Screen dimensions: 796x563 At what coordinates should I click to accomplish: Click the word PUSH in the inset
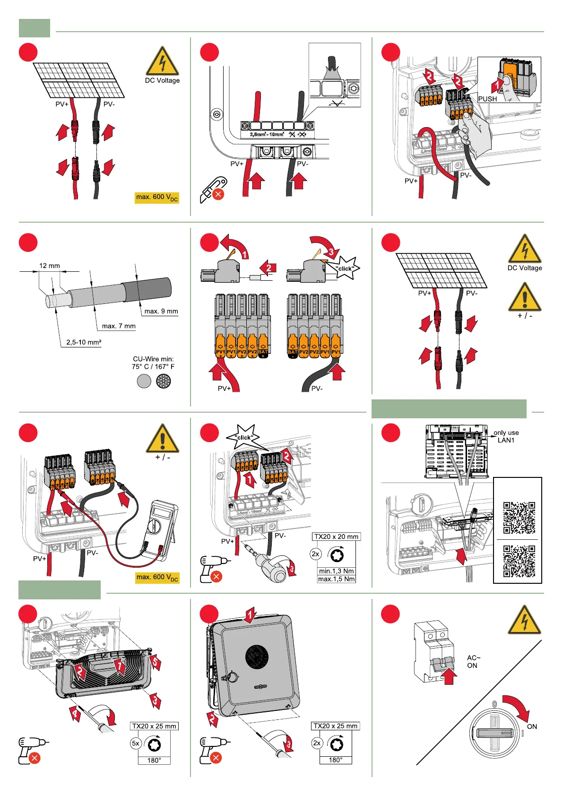487,99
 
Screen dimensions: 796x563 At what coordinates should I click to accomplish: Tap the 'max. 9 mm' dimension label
161,311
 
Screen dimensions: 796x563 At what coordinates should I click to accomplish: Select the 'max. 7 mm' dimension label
119,326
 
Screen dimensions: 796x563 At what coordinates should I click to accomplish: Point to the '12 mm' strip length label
50,266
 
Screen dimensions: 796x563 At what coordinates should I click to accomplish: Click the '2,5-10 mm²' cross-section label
84,342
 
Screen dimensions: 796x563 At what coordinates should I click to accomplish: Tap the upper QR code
519,517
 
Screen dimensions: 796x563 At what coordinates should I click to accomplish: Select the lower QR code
519,561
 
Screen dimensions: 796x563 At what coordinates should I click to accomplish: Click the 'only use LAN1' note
506,436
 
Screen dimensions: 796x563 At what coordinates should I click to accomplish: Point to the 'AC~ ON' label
473,661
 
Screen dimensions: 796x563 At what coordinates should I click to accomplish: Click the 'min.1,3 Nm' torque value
336,571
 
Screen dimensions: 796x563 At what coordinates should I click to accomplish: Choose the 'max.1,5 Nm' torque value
336,579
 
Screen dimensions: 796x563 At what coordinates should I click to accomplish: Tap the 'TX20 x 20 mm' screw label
336,536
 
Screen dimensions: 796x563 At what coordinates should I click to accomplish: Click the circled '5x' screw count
136,744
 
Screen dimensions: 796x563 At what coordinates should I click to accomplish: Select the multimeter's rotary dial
155,526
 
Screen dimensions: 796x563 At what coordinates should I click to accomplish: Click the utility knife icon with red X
213,190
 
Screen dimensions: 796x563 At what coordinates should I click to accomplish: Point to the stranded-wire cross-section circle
164,381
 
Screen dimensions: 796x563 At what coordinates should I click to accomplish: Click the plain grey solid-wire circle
144,381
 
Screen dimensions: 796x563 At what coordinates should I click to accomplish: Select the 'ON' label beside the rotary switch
532,727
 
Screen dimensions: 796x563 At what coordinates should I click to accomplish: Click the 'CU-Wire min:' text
153,359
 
